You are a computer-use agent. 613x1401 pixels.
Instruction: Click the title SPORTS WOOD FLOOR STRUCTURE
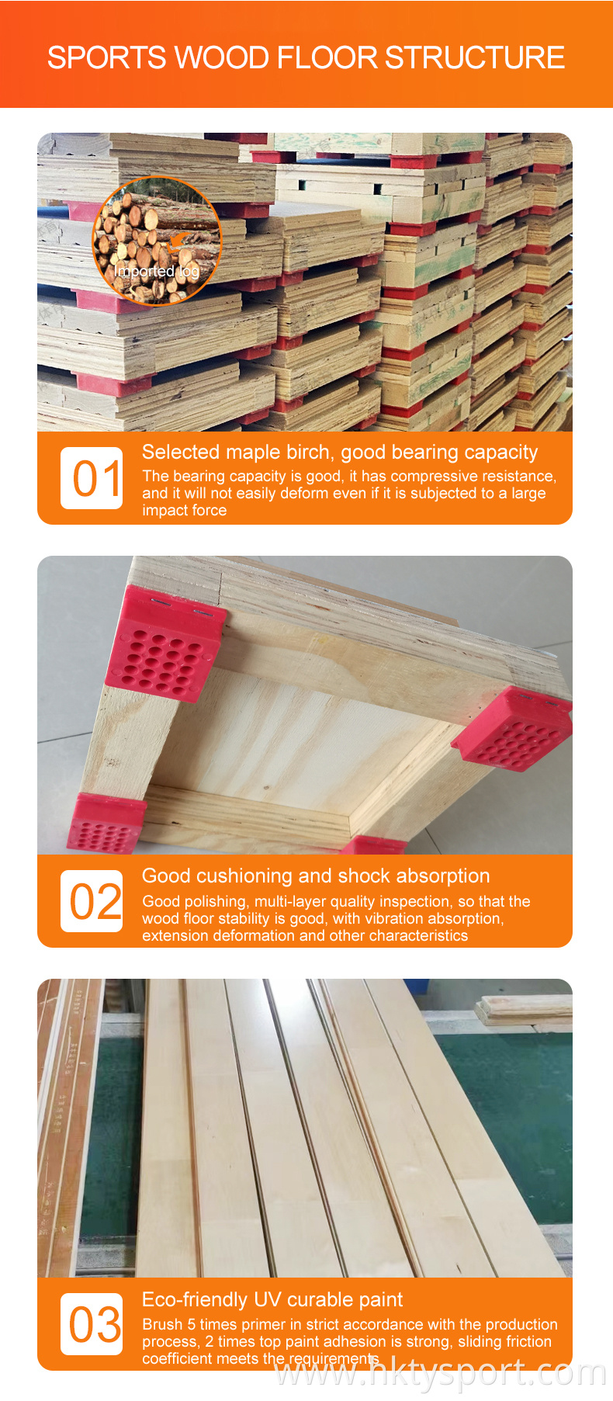[x=306, y=57]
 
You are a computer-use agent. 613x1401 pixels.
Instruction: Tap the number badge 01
[x=92, y=478]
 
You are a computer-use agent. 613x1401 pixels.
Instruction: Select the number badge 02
[x=92, y=901]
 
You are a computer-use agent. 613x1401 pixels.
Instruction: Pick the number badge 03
[x=92, y=1324]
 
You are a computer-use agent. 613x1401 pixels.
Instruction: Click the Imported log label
[x=157, y=271]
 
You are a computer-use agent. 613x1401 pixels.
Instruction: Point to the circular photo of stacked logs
[x=158, y=241]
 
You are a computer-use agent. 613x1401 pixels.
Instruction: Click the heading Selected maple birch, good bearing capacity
[x=340, y=453]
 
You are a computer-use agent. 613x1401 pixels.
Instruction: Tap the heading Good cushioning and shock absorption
[x=316, y=876]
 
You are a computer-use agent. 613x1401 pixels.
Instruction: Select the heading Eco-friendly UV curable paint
[x=272, y=1300]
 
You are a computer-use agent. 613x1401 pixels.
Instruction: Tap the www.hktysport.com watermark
[x=442, y=1373]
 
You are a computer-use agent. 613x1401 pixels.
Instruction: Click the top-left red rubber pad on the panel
[x=165, y=644]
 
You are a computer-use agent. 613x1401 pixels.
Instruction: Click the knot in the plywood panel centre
[x=266, y=788]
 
